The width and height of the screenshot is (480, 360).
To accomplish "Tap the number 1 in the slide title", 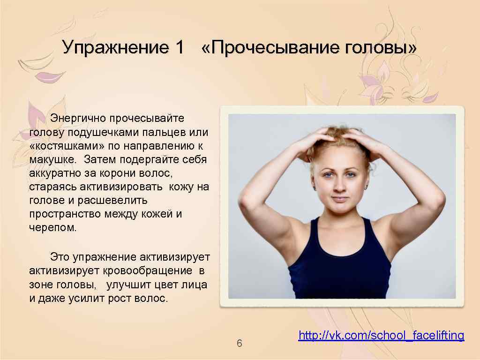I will (179, 47).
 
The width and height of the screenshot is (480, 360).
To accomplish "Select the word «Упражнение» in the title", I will (116, 47).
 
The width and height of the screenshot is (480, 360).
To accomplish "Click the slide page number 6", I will (239, 344).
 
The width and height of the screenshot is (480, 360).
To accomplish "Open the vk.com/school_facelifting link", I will (381, 336).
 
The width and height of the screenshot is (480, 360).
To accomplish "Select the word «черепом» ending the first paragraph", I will (52, 228).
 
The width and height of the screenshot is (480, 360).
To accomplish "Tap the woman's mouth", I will (338, 199).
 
